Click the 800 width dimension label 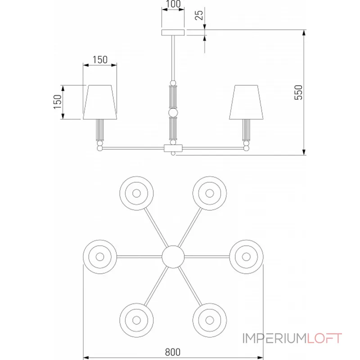(x=173, y=352)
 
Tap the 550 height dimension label (x=298, y=92)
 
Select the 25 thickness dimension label (x=199, y=15)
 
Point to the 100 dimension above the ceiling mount (x=173, y=4)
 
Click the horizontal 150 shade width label (x=100, y=60)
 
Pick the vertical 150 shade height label (x=58, y=102)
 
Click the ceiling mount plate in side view (x=173, y=32)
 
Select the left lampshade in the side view (x=100, y=103)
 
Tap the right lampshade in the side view (x=246, y=103)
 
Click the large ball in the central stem (x=173, y=113)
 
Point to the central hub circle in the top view (x=173, y=256)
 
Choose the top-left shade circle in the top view (x=136, y=193)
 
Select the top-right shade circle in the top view (x=210, y=193)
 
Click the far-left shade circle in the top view (x=100, y=256)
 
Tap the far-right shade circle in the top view (x=246, y=256)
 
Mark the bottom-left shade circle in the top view (x=136, y=320)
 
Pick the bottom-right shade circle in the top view (x=210, y=320)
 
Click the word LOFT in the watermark (x=324, y=338)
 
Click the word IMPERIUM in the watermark (x=275, y=338)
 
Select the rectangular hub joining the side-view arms (x=173, y=148)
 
